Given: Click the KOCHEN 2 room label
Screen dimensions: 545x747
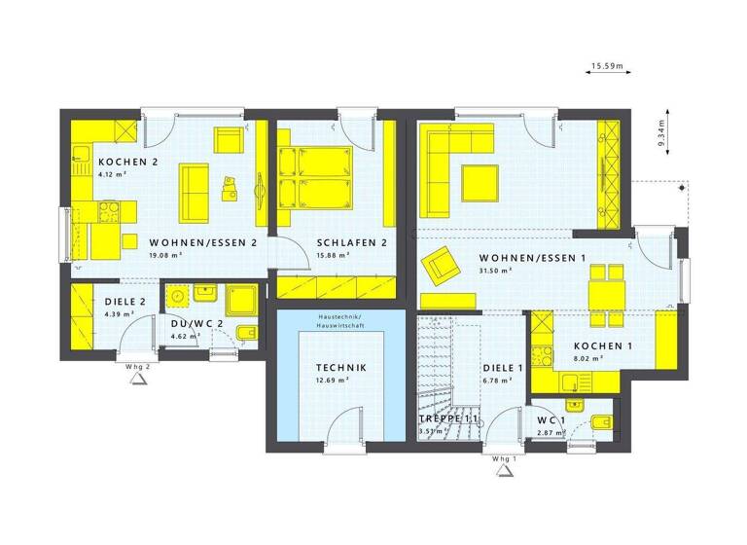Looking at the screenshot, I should pyautogui.click(x=115, y=162).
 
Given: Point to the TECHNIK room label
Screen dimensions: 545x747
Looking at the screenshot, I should pyautogui.click(x=339, y=368).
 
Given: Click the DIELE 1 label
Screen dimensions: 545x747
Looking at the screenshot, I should pyautogui.click(x=503, y=368).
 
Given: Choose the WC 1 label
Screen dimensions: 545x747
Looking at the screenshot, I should pyautogui.click(x=551, y=420).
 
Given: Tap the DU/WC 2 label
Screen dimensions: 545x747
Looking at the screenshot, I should pyautogui.click(x=197, y=323).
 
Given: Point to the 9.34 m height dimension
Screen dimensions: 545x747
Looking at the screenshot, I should pyautogui.click(x=662, y=130).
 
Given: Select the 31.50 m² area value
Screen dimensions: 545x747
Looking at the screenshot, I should pyautogui.click(x=497, y=271).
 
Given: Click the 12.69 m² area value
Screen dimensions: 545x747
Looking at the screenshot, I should pyautogui.click(x=333, y=381).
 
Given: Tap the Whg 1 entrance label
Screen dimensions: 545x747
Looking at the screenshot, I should pyautogui.click(x=504, y=457).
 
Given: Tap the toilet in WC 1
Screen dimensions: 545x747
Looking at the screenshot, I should pyautogui.click(x=599, y=421).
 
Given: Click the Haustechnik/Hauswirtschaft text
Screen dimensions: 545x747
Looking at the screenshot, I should pyautogui.click(x=339, y=322).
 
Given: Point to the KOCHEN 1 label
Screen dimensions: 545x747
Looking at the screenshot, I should pyautogui.click(x=603, y=346).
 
